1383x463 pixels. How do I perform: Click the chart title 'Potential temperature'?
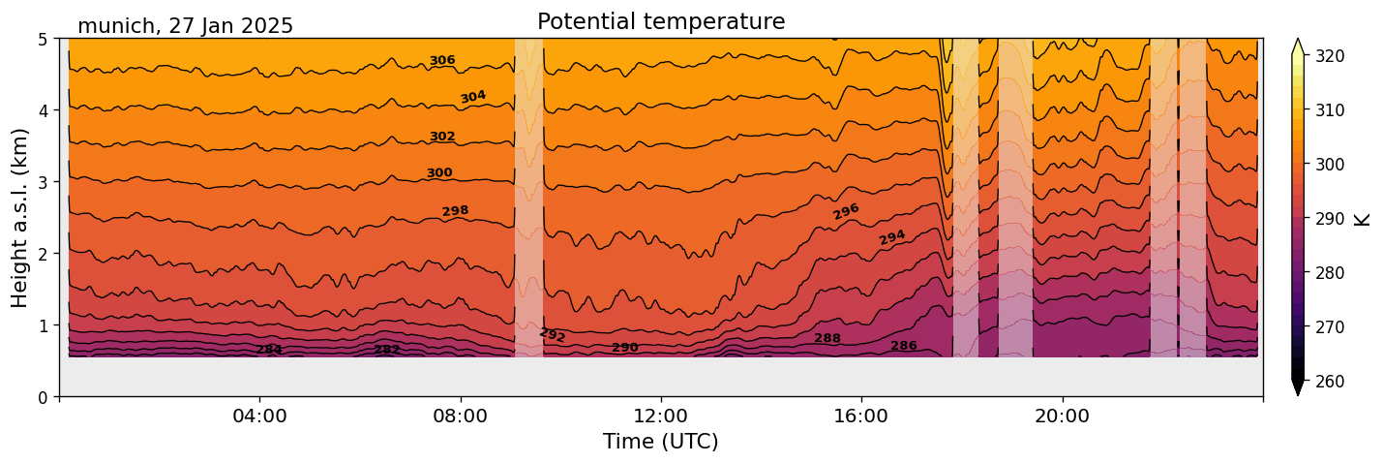tap(661, 22)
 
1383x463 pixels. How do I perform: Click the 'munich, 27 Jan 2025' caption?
tap(185, 26)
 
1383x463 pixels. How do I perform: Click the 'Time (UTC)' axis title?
tap(661, 442)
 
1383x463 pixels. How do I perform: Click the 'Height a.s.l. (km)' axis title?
tap(20, 217)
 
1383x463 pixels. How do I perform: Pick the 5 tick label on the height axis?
tap(44, 39)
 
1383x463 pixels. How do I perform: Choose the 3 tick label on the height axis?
tap(44, 182)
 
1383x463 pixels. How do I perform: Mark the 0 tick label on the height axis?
tap(44, 397)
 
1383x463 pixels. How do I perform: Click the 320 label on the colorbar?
tap(1329, 56)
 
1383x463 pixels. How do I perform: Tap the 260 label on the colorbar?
tap(1329, 382)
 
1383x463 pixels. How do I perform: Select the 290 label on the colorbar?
tap(1329, 219)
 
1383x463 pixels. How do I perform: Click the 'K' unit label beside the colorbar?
tap(1363, 219)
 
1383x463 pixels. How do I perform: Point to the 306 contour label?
tap(442, 61)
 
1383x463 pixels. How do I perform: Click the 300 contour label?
tap(439, 173)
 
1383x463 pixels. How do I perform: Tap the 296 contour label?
tap(846, 211)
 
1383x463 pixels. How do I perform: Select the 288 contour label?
tap(827, 338)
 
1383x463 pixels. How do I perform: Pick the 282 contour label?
tap(387, 350)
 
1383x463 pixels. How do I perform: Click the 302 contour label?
tap(442, 137)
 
